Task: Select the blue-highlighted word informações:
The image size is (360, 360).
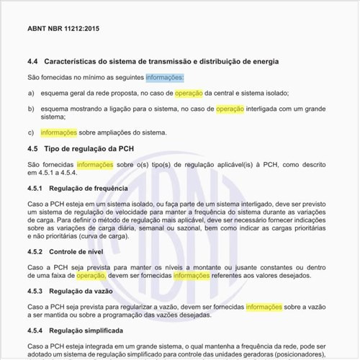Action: pyautogui.click(x=164, y=77)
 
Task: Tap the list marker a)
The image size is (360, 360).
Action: pyautogui.click(x=31, y=94)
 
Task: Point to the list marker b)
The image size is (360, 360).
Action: pyautogui.click(x=31, y=109)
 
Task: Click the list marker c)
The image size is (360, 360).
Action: pyautogui.click(x=31, y=132)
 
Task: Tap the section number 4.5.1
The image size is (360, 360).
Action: pyautogui.click(x=36, y=188)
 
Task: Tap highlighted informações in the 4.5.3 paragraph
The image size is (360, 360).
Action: pyautogui.click(x=264, y=306)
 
